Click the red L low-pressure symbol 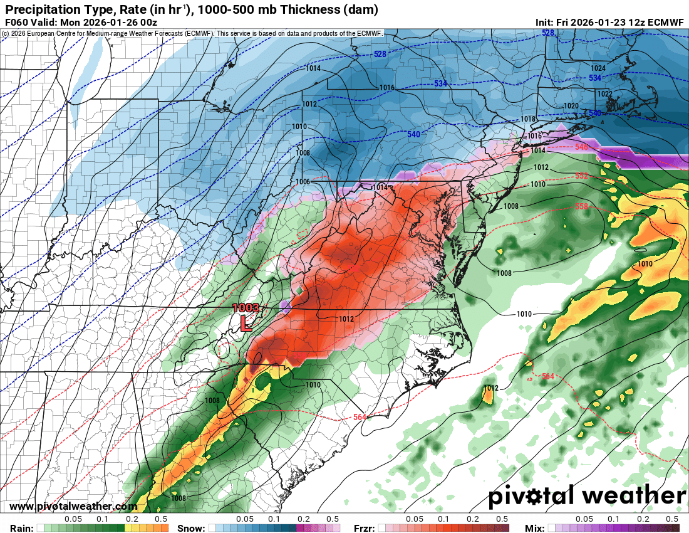pos(247,324)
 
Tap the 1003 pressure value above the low pos(246,308)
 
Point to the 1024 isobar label pos(598,68)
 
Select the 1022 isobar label pos(604,94)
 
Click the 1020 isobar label pos(571,106)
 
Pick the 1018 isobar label pos(528,119)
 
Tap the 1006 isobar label pos(303,182)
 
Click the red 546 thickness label pos(581,147)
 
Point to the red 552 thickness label pos(581,176)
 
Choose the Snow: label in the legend pos(190,528)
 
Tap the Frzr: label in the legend pos(364,528)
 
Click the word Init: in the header pos(544,22)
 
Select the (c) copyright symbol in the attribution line pos(5,33)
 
